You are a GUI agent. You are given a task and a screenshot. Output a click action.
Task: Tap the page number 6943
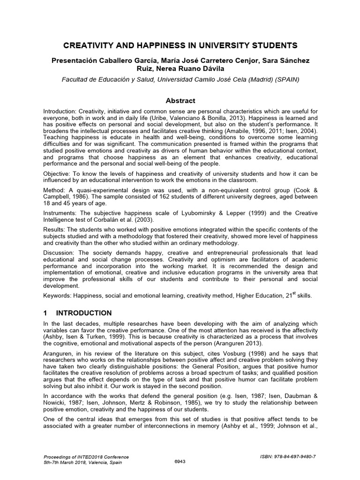click(180, 461)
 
